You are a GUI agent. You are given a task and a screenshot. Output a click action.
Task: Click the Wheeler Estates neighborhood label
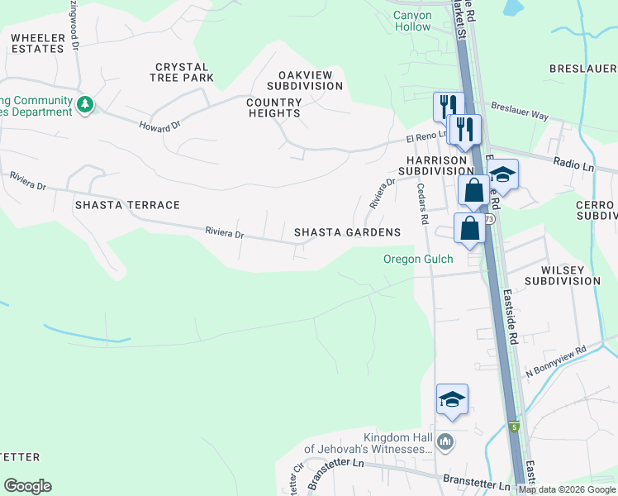tap(37, 43)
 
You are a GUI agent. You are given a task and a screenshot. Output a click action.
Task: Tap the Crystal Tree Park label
tap(184, 72)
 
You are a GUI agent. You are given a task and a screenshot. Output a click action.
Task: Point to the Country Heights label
tap(274, 107)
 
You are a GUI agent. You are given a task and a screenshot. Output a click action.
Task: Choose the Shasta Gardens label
tap(347, 233)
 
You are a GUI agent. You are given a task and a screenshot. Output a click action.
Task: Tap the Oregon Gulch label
tap(417, 259)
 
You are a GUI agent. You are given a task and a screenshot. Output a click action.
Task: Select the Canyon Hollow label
tap(412, 21)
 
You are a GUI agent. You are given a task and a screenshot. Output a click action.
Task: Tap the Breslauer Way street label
tap(519, 112)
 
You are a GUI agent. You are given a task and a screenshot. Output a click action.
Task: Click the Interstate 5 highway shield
tap(514, 427)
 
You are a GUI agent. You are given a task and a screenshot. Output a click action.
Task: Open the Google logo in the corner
tap(27, 486)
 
